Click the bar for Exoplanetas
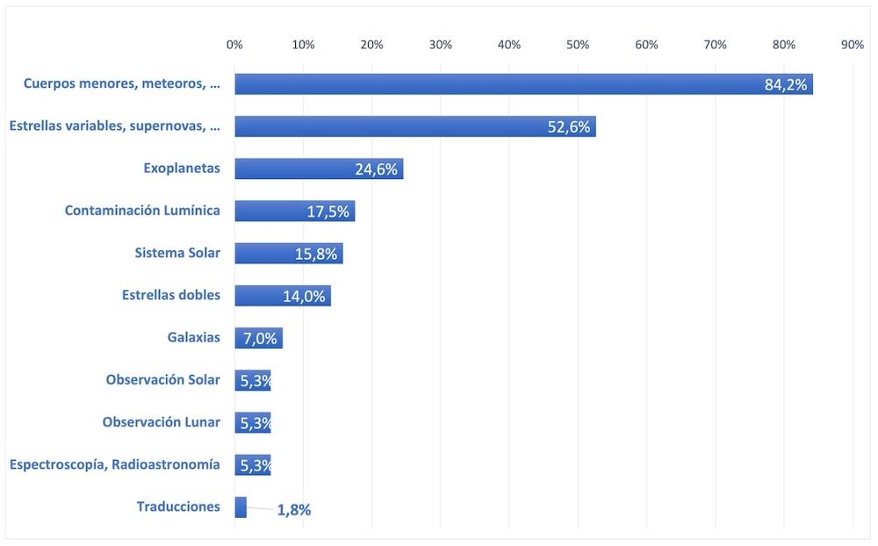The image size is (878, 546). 319,169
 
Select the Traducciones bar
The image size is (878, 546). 241,507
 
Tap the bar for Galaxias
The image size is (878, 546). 259,338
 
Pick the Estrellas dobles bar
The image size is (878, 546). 283,296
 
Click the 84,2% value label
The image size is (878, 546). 786,84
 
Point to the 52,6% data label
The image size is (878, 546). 568,127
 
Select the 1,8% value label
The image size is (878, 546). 294,510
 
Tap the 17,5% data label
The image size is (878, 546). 327,212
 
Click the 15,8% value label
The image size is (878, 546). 316,255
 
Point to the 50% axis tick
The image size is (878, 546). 578,45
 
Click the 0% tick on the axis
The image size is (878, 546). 234,45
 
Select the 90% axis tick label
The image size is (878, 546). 853,45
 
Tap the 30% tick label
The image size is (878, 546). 440,45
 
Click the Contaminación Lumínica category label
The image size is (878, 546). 142,211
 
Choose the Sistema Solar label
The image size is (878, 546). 177,253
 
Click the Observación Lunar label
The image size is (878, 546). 162,422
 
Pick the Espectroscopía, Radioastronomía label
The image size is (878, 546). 115,464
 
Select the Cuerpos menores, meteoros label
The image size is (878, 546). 121,84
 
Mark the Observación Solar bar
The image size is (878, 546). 253,380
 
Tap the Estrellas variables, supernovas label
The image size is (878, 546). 115,126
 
